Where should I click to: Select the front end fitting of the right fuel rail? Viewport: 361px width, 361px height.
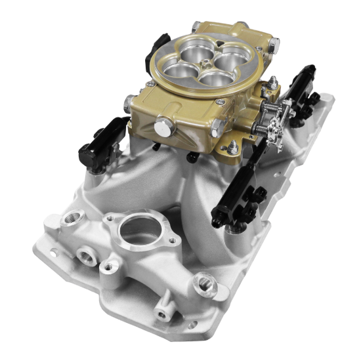(x=220, y=213)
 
